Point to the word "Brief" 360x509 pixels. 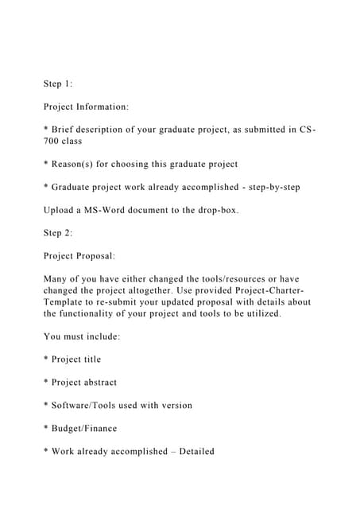(x=67, y=128)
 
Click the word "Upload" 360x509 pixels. (x=62, y=211)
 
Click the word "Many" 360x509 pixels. (x=58, y=280)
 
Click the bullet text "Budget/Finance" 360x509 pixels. (x=84, y=429)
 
